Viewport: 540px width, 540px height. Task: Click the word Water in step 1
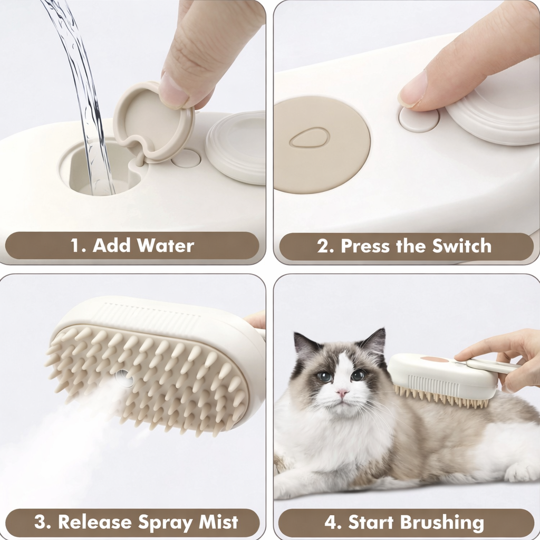pos(165,246)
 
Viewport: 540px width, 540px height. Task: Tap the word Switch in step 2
pos(461,246)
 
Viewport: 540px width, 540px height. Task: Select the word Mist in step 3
pos(218,522)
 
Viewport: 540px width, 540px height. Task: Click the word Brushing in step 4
pos(441,523)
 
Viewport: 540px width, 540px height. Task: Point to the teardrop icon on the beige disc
pos(309,138)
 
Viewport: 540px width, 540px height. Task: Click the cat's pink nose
pos(342,393)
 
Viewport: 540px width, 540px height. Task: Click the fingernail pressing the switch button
pos(412,91)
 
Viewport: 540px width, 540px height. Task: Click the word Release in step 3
pos(94,522)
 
